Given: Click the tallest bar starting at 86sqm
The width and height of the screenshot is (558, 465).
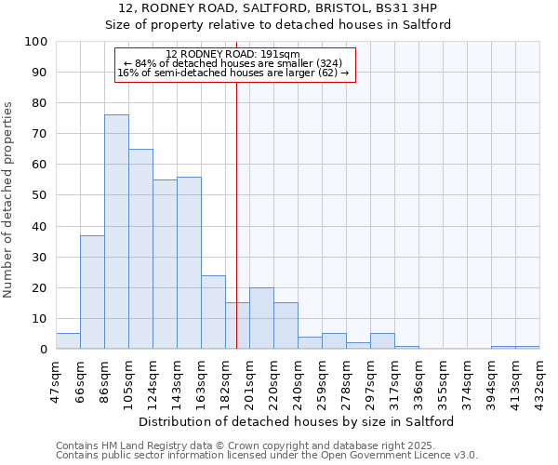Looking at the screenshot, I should [116, 232].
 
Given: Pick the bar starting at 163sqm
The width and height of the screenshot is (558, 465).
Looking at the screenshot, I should [213, 312].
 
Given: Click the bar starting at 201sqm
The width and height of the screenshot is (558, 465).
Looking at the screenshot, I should [261, 318].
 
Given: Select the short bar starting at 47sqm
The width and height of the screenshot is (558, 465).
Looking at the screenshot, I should [68, 341].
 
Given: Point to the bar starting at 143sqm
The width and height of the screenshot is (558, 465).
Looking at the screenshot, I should [189, 262].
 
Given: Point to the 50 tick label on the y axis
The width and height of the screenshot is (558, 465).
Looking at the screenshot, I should [39, 195].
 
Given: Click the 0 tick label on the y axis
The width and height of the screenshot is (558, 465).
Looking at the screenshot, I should [43, 349].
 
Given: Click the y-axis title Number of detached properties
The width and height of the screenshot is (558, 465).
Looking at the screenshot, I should [9, 200].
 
